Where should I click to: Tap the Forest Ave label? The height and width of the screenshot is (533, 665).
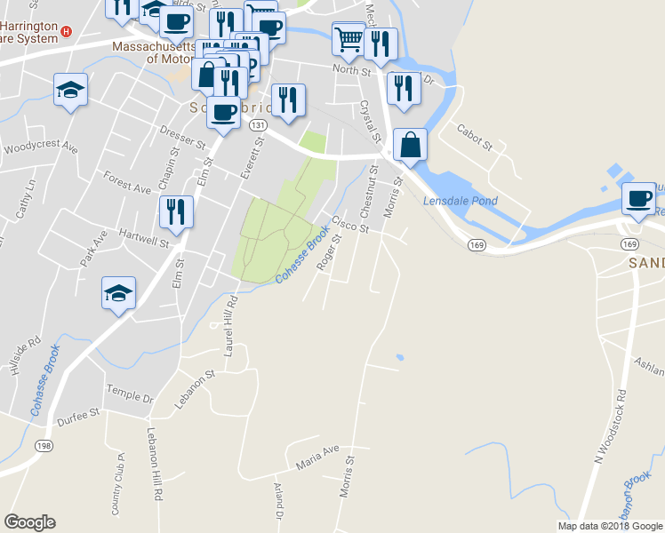pos(127,182)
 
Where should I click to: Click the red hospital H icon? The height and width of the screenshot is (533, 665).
pos(66,32)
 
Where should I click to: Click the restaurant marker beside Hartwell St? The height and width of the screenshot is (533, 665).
pos(176,211)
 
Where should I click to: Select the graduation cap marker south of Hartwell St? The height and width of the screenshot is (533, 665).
pos(118,293)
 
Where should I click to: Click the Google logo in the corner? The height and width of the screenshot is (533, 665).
pos(30,522)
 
